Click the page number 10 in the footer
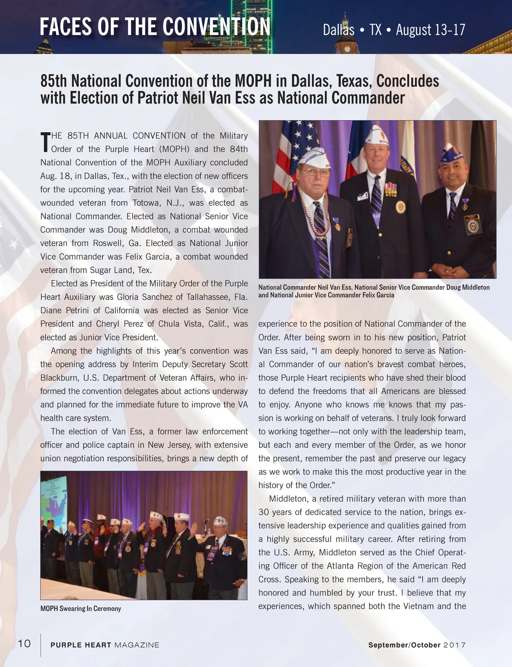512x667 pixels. tap(24, 644)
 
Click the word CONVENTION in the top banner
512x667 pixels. tap(216, 27)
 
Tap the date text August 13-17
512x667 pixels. tap(430, 30)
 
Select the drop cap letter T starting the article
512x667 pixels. tap(45, 142)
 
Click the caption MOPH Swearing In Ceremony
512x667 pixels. tap(81, 609)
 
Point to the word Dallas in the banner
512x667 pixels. tap(338, 30)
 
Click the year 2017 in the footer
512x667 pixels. tap(454, 645)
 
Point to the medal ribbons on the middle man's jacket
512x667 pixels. tap(391, 189)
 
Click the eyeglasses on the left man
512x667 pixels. tap(315, 172)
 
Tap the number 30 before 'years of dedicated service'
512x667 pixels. tap(265, 512)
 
